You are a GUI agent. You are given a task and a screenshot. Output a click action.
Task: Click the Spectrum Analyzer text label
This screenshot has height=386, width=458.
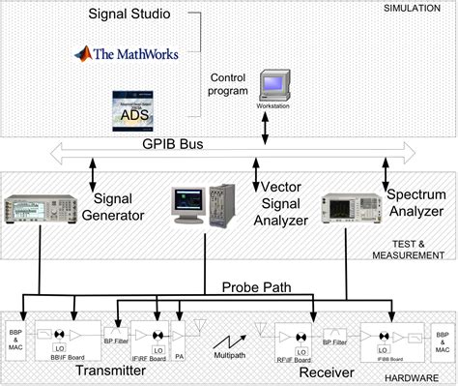pyautogui.click(x=415, y=203)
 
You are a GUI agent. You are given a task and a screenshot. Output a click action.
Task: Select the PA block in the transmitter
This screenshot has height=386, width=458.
pyautogui.click(x=178, y=338)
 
